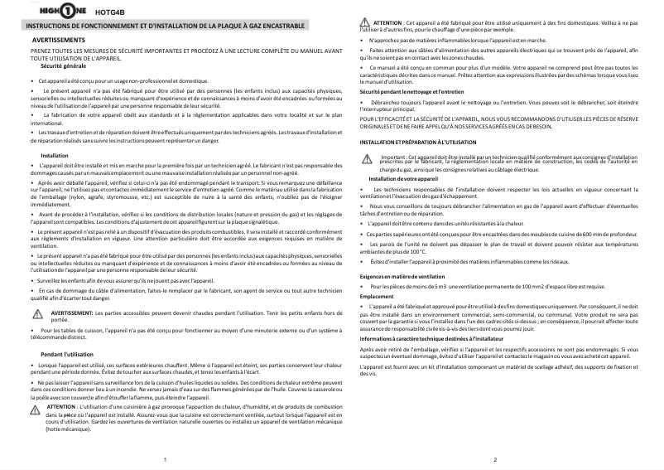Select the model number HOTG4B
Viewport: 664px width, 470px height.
pyautogui.click(x=110, y=13)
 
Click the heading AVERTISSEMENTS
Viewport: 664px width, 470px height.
pyautogui.click(x=58, y=40)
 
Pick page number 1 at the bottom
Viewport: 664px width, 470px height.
pyautogui.click(x=166, y=458)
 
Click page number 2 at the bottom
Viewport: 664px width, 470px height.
pyautogui.click(x=494, y=458)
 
